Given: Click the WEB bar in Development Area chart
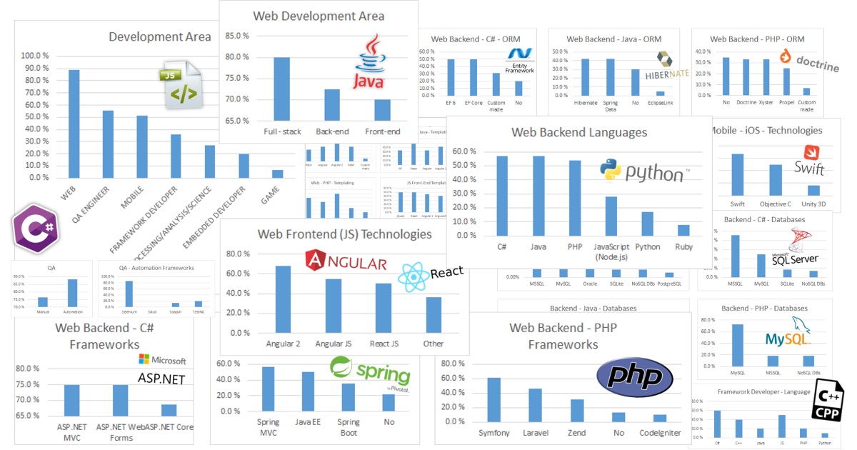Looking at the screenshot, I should [74, 123].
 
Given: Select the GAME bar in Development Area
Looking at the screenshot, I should [278, 174].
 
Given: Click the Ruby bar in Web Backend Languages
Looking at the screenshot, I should [683, 230].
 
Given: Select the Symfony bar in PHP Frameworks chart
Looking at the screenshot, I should [493, 400].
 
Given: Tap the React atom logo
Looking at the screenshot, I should [414, 276].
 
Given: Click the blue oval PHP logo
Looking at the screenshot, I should [633, 377].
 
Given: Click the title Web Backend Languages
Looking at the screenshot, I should [579, 132].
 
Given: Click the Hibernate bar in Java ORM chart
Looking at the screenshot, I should [586, 77].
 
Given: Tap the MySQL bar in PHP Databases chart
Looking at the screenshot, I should [737, 346].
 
